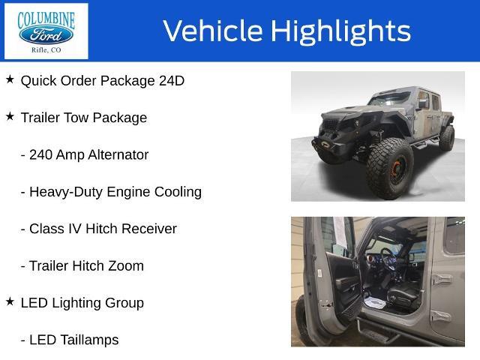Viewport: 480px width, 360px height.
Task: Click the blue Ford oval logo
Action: (x=46, y=34)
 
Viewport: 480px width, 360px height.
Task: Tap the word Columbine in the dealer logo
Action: (x=46, y=20)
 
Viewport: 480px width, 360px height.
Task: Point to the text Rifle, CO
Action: (x=46, y=50)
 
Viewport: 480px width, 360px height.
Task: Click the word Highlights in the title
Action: (x=340, y=31)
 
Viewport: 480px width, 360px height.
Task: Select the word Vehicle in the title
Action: (x=213, y=31)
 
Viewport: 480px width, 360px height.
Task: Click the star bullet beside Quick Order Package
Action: (x=10, y=79)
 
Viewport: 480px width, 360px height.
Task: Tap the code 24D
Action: (x=172, y=81)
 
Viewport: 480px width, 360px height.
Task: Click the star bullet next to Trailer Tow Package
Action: (x=10, y=116)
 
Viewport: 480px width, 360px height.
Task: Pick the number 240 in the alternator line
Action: (x=40, y=155)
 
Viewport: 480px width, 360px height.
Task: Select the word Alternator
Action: (x=118, y=155)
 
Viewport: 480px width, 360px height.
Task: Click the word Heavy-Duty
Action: (x=66, y=193)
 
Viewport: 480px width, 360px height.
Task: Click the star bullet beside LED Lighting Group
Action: (x=10, y=301)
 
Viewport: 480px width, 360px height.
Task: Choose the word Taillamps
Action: (x=89, y=340)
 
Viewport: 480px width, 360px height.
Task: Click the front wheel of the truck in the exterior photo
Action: (x=389, y=168)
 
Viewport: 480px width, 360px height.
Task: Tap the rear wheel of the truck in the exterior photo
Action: (x=447, y=138)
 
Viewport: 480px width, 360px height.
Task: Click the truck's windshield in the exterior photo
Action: (x=389, y=99)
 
